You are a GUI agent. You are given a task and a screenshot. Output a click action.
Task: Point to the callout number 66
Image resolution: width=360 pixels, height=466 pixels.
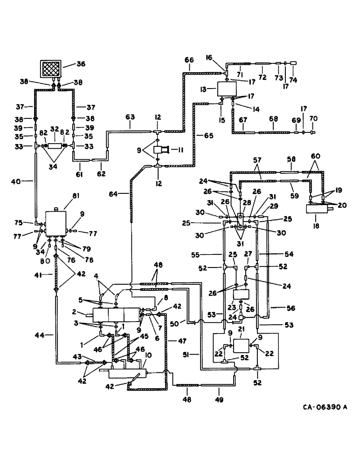tap(188, 60)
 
